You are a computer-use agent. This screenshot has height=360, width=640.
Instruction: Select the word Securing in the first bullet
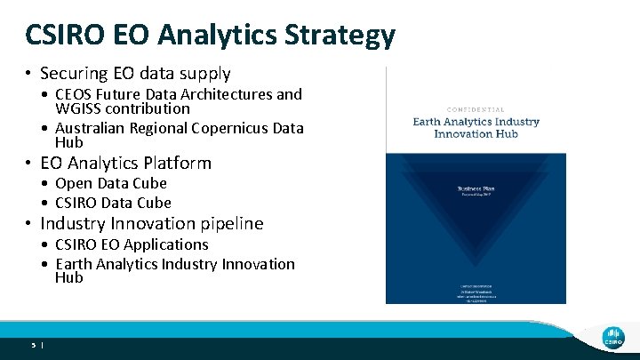tap(75, 74)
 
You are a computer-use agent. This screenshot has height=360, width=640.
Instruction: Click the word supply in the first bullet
tap(204, 74)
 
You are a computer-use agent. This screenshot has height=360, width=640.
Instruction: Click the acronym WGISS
tap(78, 108)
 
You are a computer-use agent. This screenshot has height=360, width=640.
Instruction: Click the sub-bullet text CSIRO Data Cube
tap(110, 203)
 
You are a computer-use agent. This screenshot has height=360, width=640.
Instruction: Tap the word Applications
tap(166, 244)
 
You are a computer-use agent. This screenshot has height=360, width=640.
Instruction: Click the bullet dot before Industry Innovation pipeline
tap(29, 224)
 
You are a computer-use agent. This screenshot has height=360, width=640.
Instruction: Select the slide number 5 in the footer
tap(33, 343)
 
